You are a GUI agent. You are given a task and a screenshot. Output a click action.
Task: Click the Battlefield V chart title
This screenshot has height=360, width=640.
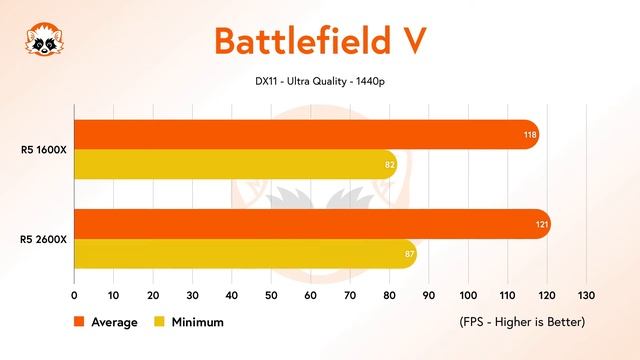[320, 40]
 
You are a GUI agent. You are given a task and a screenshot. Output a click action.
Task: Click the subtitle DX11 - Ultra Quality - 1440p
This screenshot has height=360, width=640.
[320, 81]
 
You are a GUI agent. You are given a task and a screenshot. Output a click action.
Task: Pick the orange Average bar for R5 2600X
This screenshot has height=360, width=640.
[311, 224]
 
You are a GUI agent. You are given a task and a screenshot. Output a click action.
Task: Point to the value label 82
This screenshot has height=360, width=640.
[388, 164]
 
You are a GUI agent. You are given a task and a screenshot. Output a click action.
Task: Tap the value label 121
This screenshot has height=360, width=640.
[541, 224]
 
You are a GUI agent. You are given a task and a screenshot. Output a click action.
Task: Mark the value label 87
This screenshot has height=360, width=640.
[407, 254]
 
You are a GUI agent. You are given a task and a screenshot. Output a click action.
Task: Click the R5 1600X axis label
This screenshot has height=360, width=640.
[43, 150]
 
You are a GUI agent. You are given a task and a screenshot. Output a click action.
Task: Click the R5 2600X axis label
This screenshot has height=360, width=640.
[43, 239]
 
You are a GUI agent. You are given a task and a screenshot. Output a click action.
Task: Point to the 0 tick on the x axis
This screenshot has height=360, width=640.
[74, 296]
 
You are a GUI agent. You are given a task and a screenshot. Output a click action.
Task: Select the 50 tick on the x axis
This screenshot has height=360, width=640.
[271, 296]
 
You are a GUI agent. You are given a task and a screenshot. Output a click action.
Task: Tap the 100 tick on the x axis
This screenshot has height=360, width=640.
[468, 296]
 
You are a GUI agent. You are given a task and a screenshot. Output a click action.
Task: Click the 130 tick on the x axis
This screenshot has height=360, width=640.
[586, 296]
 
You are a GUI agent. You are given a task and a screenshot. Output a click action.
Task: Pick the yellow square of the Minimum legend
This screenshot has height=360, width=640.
[159, 322]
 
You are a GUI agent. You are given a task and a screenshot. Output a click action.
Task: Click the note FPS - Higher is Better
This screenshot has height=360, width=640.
[521, 322]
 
